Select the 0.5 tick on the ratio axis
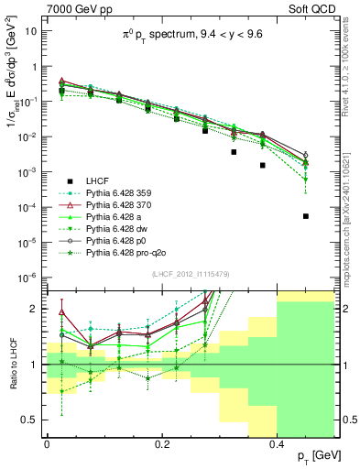pyautogui.click(x=29, y=420)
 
